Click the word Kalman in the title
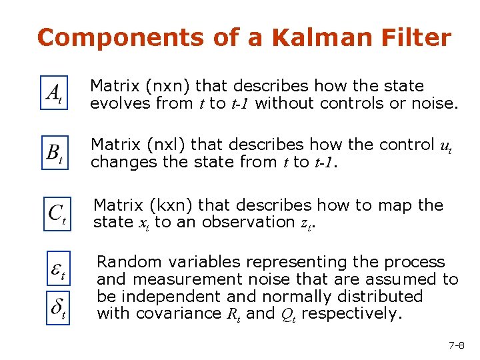(x=313, y=37)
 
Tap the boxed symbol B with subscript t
(x=55, y=153)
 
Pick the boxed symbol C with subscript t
(x=57, y=213)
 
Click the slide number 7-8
(x=456, y=345)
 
